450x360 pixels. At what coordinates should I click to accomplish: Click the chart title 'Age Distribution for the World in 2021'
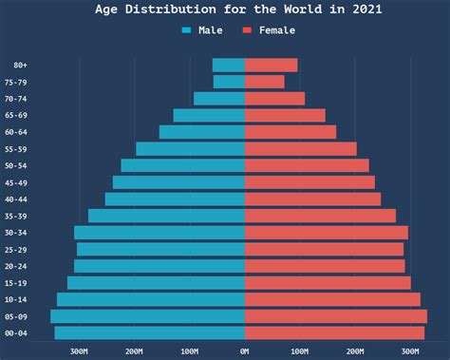coord(225,9)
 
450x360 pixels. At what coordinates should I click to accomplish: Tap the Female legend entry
coord(269,30)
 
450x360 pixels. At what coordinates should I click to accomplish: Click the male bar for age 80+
coord(229,66)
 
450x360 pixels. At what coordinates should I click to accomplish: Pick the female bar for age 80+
coord(271,66)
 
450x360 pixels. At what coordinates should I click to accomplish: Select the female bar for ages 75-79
coord(264,82)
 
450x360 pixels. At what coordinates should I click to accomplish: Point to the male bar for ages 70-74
coord(219,99)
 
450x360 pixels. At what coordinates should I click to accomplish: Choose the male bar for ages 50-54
coord(182,165)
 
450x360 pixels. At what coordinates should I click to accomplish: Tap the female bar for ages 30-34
coord(326,233)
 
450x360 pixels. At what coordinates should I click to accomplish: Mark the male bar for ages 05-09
coord(147,316)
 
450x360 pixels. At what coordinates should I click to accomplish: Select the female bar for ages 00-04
coord(334,332)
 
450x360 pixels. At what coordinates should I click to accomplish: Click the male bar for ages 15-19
coord(156,283)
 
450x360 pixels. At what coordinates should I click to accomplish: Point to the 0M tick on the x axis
coord(245,351)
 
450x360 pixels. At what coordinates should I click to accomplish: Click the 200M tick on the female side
coord(355,351)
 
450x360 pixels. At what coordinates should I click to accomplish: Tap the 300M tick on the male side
coord(79,351)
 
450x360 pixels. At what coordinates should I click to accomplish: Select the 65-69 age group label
coord(15,116)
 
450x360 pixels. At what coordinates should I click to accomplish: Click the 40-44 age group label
coord(15,199)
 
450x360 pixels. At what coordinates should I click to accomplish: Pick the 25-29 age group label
coord(15,250)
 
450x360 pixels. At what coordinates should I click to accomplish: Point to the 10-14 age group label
coord(15,300)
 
